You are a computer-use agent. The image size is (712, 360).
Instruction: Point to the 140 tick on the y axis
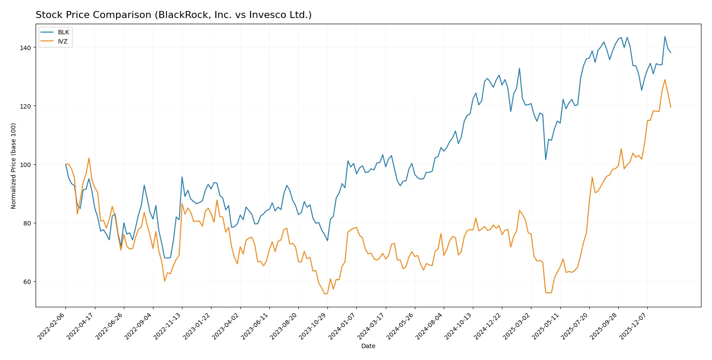click(x=25, y=47)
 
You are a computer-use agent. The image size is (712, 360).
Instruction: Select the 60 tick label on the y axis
click(x=27, y=282)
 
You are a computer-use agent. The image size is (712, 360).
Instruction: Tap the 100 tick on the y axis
click(x=25, y=165)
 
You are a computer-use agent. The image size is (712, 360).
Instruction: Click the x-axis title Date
click(x=368, y=346)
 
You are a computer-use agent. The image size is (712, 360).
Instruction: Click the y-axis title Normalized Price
click(x=13, y=166)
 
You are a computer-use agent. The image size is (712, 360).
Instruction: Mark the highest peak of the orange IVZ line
click(x=665, y=80)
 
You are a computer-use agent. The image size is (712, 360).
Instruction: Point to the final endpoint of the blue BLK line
click(x=671, y=53)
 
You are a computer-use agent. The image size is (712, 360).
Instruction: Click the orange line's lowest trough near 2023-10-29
click(x=325, y=294)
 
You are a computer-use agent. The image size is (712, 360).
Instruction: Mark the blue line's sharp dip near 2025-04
click(x=546, y=159)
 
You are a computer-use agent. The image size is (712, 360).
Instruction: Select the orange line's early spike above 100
click(x=89, y=158)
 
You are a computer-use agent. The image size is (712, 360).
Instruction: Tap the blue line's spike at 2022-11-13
click(x=182, y=177)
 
